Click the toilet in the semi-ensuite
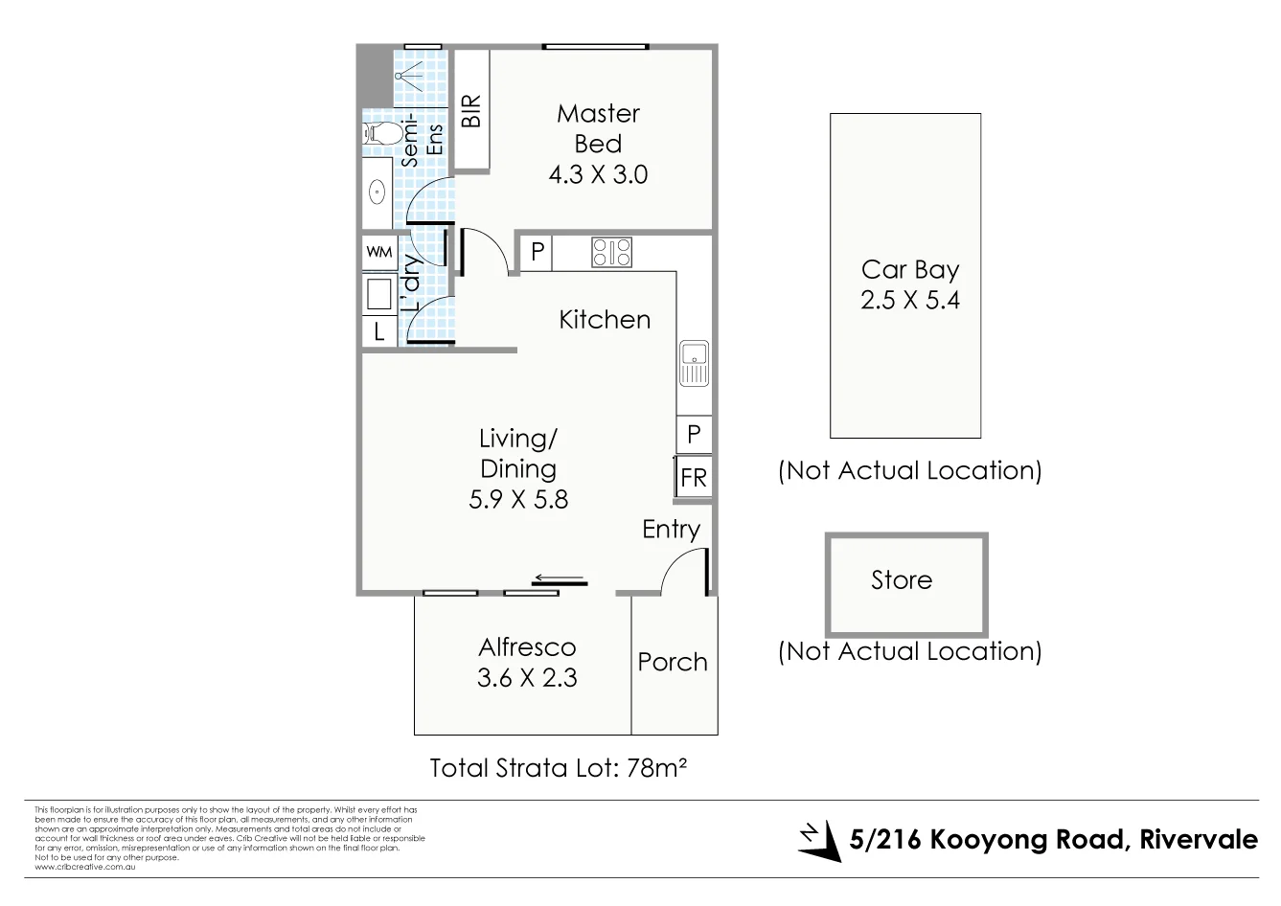pos(380,132)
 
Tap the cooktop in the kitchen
pos(611,252)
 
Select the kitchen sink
pos(693,363)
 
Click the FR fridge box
pos(693,476)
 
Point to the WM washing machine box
pos(378,253)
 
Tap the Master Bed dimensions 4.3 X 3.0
pos(598,175)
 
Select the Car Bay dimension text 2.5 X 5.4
pos(909,300)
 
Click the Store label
pos(901,580)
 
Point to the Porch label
pos(673,662)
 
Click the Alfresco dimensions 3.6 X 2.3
pos(527,678)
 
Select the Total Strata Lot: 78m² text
pos(560,768)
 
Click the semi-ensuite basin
pos(377,193)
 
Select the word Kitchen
pos(604,320)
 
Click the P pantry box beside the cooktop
pos(538,252)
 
